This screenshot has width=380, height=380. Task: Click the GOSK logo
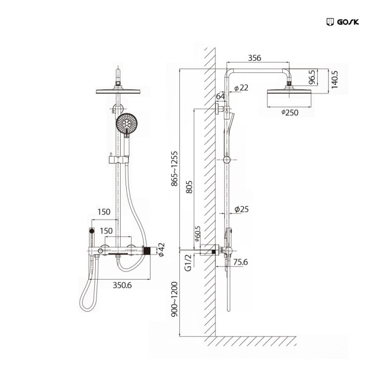coord(342,22)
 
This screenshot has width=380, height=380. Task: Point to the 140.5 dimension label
coord(334,80)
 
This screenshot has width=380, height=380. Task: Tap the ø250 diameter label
coord(289,113)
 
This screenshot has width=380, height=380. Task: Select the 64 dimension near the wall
coord(220,96)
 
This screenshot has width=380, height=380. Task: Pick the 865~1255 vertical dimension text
coord(175,168)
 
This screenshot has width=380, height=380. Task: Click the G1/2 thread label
coord(188,263)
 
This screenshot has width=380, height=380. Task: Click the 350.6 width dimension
coord(121,285)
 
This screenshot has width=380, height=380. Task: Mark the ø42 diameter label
coord(161,250)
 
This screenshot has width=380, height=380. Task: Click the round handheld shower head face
coord(127,124)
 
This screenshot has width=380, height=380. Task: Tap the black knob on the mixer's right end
coord(147,250)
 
